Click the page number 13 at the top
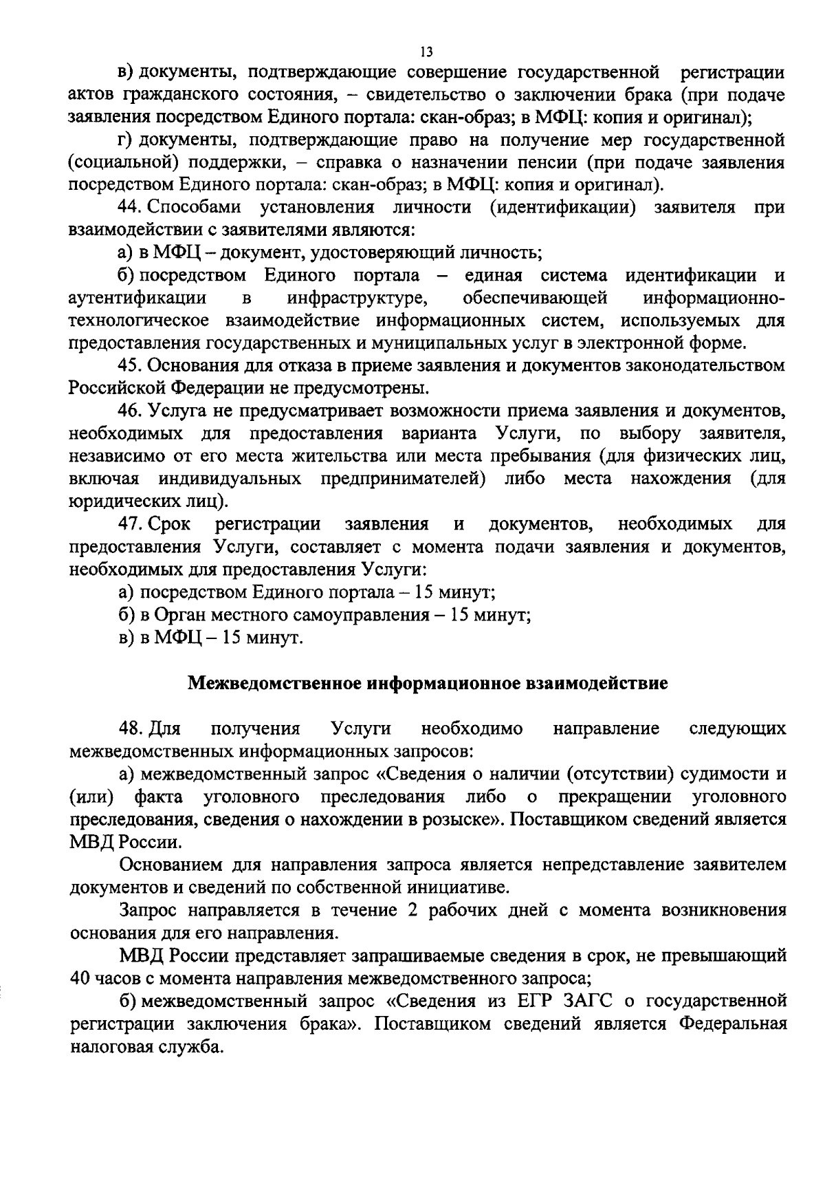click(426, 52)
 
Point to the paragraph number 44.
click(131, 207)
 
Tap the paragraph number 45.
click(131, 365)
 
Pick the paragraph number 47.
click(131, 524)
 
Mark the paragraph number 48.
click(131, 728)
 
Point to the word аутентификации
click(138, 298)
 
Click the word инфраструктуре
click(357, 298)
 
